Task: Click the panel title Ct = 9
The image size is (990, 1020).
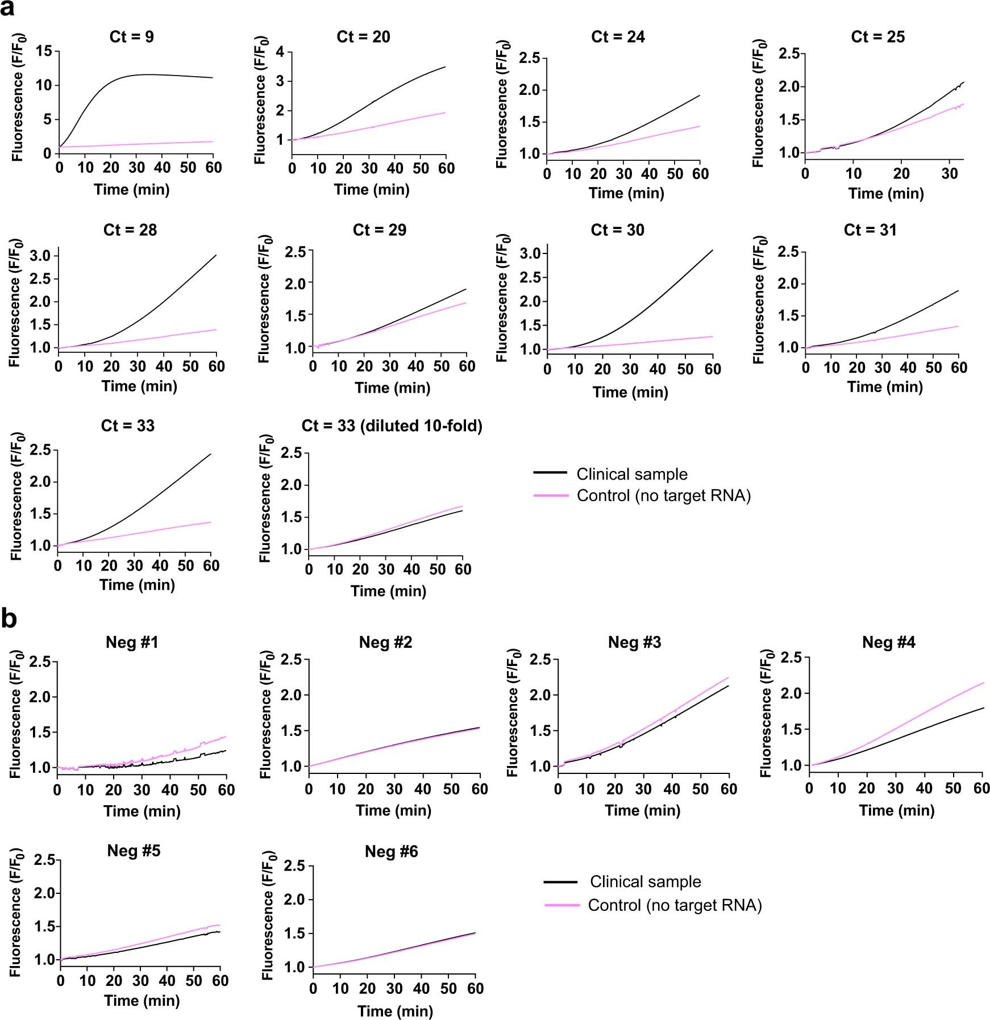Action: click(131, 37)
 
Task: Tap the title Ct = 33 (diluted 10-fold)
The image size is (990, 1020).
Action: click(392, 426)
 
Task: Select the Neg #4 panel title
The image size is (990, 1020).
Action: click(888, 642)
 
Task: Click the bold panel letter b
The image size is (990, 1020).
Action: click(9, 619)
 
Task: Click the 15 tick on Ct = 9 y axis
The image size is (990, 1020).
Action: click(44, 52)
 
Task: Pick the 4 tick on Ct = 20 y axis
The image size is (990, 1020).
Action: click(280, 52)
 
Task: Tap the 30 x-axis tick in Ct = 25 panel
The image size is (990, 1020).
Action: click(950, 173)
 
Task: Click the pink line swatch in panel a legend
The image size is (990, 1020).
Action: click(550, 496)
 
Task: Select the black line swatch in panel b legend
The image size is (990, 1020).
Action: click(560, 882)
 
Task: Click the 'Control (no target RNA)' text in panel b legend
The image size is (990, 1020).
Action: click(675, 905)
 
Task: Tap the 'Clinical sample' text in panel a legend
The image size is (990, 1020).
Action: click(631, 474)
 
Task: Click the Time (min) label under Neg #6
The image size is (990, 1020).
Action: click(395, 1011)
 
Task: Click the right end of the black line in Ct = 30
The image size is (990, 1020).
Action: click(712, 250)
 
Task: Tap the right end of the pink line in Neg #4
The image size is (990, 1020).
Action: click(983, 682)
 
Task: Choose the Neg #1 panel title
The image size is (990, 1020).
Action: click(132, 642)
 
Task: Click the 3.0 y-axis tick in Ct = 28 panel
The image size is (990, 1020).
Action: click(40, 256)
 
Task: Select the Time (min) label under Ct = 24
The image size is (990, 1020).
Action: click(626, 193)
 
